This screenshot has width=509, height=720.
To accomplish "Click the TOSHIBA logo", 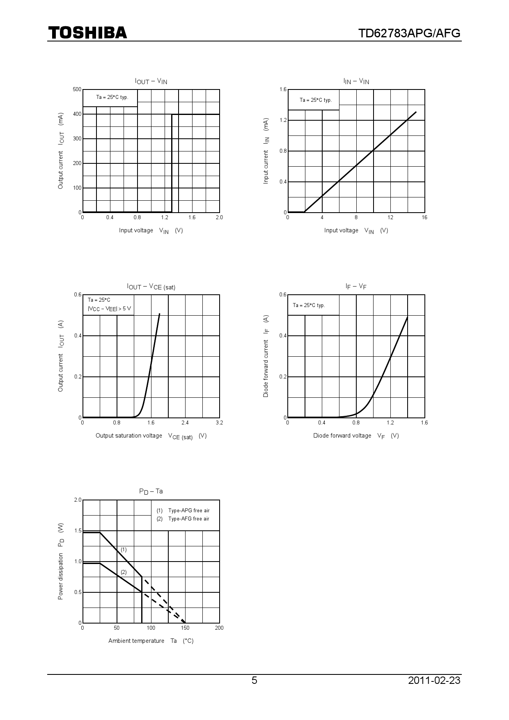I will [x=88, y=33].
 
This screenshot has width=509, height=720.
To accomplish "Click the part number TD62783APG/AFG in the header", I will [x=409, y=33].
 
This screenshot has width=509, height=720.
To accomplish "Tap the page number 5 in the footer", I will [x=254, y=681].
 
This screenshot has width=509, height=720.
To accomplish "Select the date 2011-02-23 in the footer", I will [x=434, y=681].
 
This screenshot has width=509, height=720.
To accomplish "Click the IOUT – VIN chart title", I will [x=151, y=81].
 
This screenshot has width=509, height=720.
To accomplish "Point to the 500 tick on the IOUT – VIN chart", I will [x=77, y=89].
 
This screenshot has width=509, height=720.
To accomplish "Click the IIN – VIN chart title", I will [x=356, y=81].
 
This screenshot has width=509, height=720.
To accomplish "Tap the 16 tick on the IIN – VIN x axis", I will [x=424, y=218].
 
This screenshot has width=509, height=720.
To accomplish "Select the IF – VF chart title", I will [x=356, y=286].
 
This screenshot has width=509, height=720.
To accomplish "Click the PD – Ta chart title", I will [x=151, y=491].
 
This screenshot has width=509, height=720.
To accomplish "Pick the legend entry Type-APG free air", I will [x=188, y=511].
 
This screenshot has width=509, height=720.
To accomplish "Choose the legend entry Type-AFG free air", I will [x=188, y=519].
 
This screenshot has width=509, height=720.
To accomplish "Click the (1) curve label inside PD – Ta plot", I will [x=124, y=550].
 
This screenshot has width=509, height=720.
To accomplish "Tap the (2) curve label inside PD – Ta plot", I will [x=124, y=572].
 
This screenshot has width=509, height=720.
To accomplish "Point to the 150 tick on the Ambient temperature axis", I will [x=185, y=628].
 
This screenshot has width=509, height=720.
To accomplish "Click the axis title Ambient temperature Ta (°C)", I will [x=151, y=641].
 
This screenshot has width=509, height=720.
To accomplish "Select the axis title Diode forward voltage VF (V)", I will [x=356, y=436].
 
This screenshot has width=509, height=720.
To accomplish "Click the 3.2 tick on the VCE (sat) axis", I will [x=219, y=423].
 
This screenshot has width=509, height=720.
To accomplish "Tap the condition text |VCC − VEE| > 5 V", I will [x=109, y=309].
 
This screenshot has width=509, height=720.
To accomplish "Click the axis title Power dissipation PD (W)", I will [x=61, y=561].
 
